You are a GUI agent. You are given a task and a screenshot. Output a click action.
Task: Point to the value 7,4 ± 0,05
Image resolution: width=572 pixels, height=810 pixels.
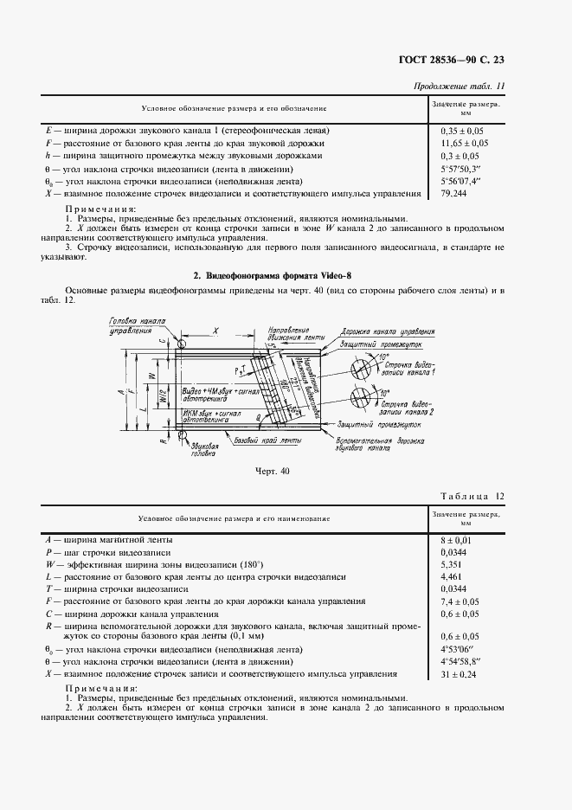460,600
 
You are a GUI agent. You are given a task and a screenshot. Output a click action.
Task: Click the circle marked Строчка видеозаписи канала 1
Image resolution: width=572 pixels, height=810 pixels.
365,367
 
